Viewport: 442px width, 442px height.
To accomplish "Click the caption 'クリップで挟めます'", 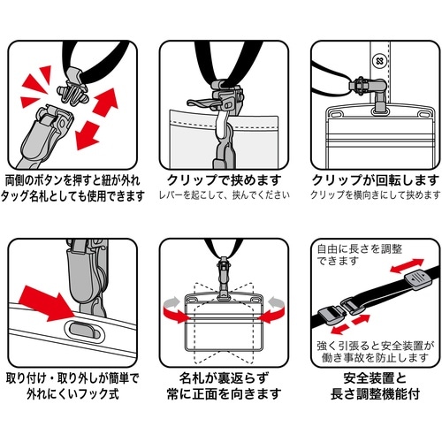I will point(220,178).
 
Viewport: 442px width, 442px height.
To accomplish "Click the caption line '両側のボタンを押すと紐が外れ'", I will point(73,178).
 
